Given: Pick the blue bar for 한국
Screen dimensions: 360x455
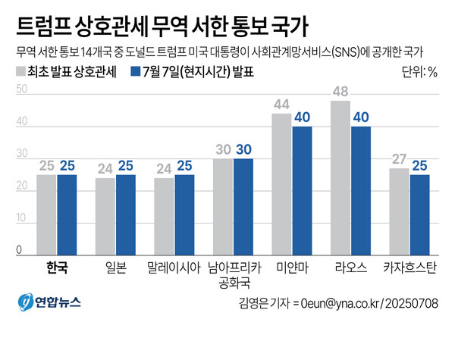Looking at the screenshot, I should (67, 212).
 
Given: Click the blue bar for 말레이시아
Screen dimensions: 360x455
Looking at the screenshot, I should (184, 212).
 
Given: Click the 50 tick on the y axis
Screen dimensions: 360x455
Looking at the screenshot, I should (21, 89).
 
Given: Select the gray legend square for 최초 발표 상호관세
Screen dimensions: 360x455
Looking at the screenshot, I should (19, 73).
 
